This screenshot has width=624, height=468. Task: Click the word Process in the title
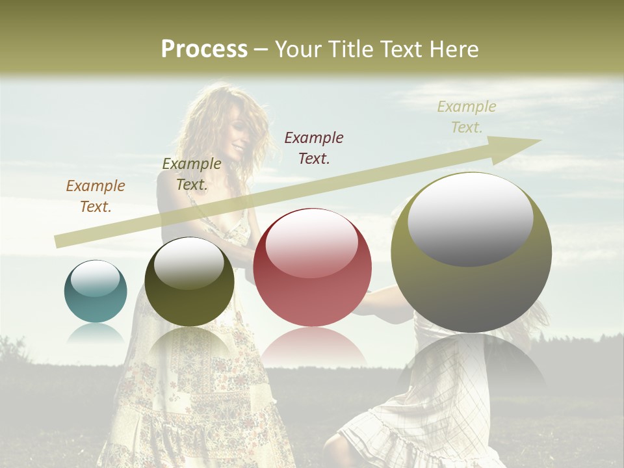coord(204,49)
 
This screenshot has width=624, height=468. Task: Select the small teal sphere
coord(96,291)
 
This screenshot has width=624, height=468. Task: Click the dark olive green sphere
coord(189,281)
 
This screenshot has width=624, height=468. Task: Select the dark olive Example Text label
coord(192,174)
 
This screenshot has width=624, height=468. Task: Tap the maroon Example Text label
coord(314,148)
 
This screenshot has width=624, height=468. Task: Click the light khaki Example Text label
coord(467,117)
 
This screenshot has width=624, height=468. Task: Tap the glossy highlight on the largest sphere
coord(470,219)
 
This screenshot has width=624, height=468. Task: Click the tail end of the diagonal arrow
coord(57,242)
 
